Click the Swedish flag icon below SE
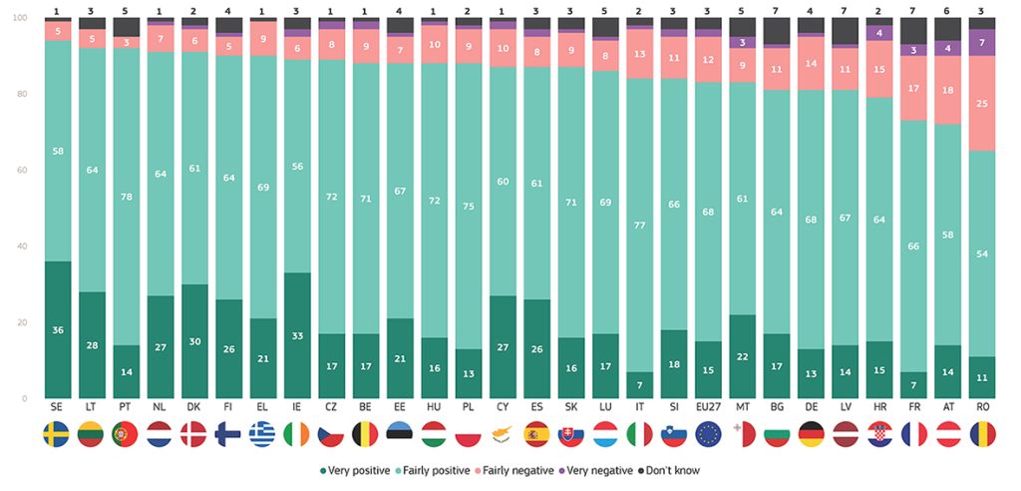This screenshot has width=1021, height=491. point(57,435)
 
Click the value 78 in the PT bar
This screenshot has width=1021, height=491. point(127,196)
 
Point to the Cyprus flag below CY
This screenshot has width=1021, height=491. point(503,435)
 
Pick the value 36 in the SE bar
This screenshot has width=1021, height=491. point(57,330)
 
